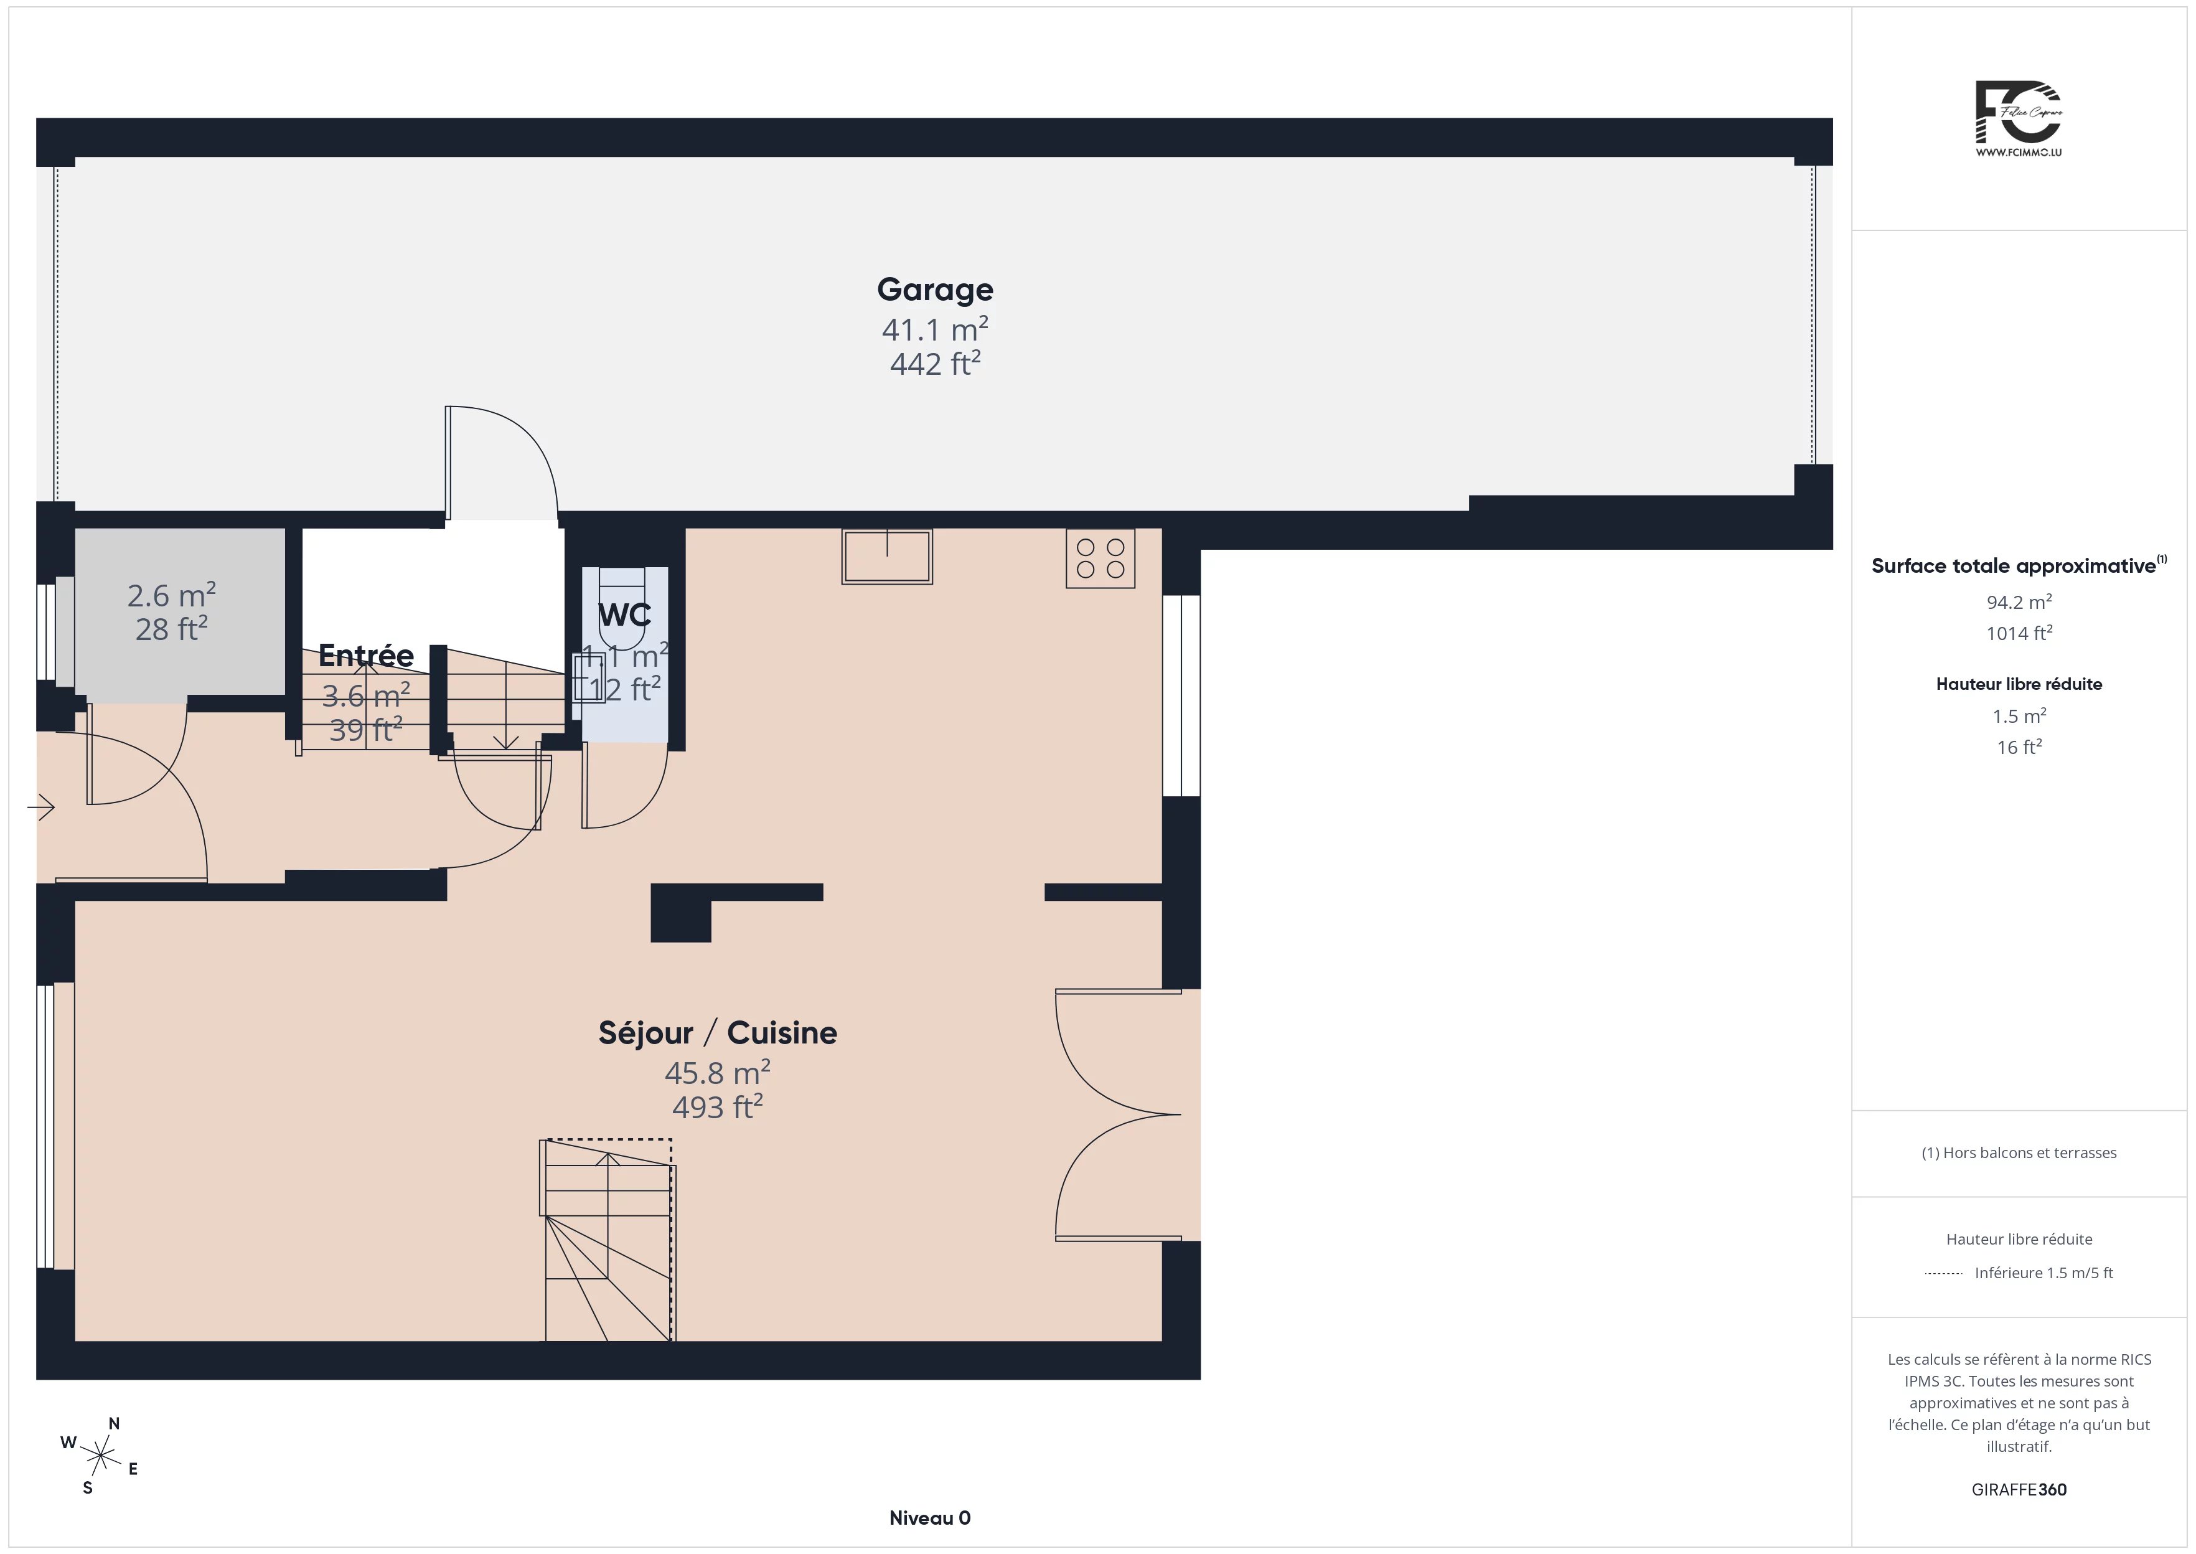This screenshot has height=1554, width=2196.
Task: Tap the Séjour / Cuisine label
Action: [x=717, y=1032]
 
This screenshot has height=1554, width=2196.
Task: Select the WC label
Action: [x=624, y=615]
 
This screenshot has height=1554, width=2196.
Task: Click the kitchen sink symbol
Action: [x=886, y=556]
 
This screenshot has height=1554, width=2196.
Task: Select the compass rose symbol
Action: [x=100, y=1456]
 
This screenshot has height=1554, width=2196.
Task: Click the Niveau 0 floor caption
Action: [x=930, y=1518]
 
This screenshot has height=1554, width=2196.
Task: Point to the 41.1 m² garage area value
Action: [x=934, y=329]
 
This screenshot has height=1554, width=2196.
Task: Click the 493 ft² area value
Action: [x=717, y=1106]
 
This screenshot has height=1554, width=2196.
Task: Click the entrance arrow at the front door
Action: [x=41, y=808]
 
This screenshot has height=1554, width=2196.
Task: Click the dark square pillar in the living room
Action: [x=680, y=913]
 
